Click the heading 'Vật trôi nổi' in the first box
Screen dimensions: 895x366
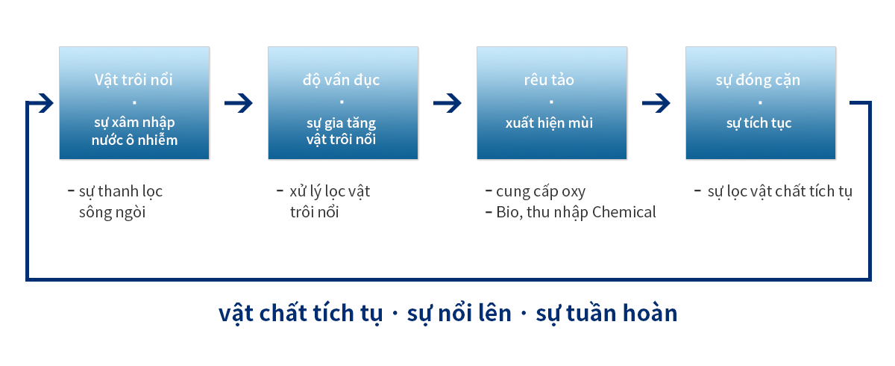[134, 80]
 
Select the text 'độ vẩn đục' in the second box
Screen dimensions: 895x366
[341, 81]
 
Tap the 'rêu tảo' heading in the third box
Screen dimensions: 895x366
[549, 80]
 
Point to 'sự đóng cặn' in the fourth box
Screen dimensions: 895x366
[758, 81]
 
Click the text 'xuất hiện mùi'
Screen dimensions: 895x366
[549, 122]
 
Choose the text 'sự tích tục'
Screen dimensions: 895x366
[759, 123]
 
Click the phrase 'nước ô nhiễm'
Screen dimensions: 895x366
[134, 140]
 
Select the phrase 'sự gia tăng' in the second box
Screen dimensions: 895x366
[342, 123]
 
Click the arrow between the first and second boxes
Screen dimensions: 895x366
[239, 103]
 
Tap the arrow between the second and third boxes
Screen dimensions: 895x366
[447, 103]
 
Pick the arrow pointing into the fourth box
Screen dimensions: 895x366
[656, 103]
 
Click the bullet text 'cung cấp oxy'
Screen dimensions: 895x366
[541, 192]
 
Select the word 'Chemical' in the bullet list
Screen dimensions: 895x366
[624, 212]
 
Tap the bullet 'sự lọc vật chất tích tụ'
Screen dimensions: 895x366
[779, 192]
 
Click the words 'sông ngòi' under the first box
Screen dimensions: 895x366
[112, 212]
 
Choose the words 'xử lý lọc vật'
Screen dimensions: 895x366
[330, 192]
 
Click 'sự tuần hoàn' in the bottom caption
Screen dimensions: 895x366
[606, 313]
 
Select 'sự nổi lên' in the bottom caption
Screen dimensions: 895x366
[459, 313]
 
